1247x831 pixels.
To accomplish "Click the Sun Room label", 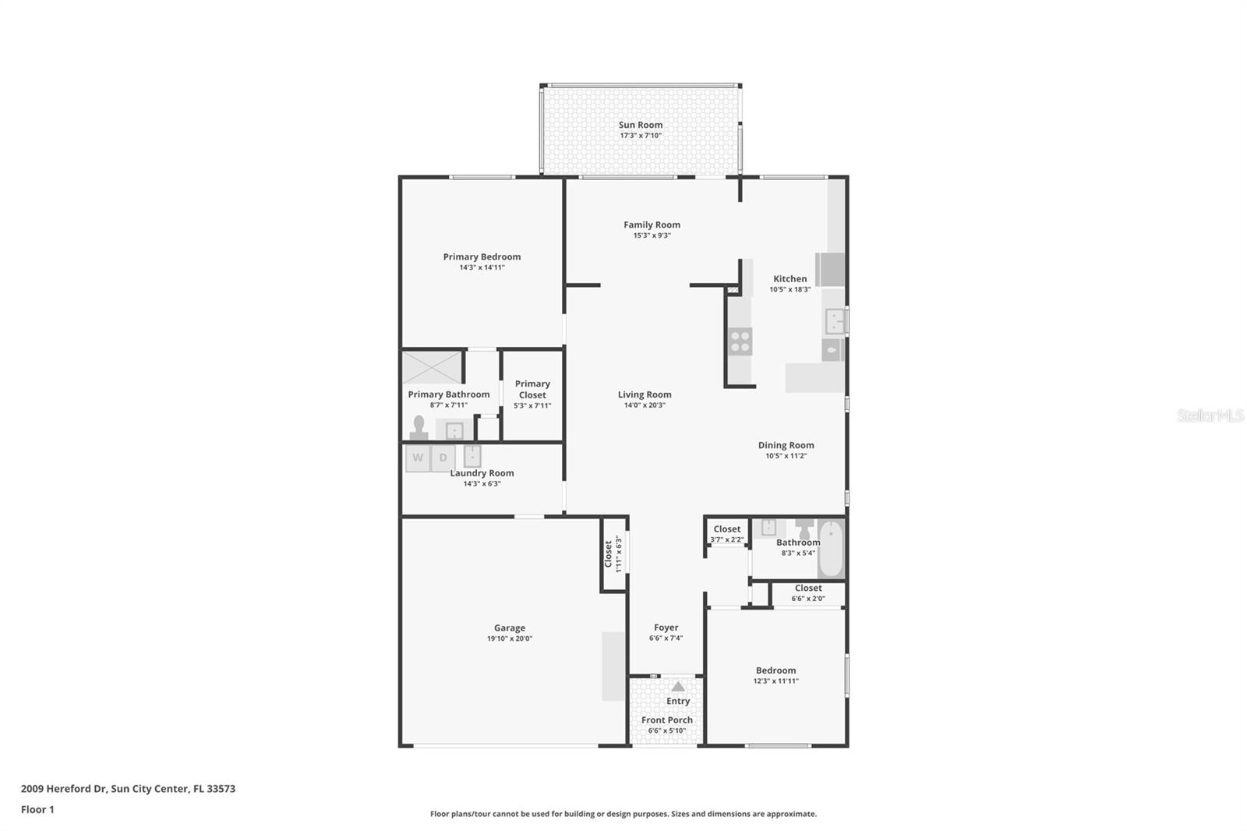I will [641, 125].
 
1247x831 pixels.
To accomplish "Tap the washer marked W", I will [418, 458].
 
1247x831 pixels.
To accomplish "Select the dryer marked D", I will [443, 458].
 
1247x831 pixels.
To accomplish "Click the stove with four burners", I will [740, 341].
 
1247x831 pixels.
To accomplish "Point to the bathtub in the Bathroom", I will [831, 549].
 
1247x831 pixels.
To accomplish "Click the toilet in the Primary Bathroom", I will [419, 429].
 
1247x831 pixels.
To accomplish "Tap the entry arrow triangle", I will [678, 687].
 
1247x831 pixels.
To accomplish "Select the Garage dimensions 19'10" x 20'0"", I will [509, 638].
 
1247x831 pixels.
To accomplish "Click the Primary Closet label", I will [532, 389].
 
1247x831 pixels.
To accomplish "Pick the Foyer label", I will [666, 628].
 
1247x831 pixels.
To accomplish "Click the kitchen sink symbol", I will [835, 320].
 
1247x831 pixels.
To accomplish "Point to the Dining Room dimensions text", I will [786, 456].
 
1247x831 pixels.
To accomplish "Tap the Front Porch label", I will [666, 720].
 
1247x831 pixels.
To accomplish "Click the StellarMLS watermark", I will [1210, 415].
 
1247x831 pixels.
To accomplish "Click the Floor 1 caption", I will [37, 810].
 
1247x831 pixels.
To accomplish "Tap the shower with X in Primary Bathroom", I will [432, 368].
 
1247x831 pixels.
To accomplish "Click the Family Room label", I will [652, 225].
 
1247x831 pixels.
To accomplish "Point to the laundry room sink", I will [472, 455].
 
